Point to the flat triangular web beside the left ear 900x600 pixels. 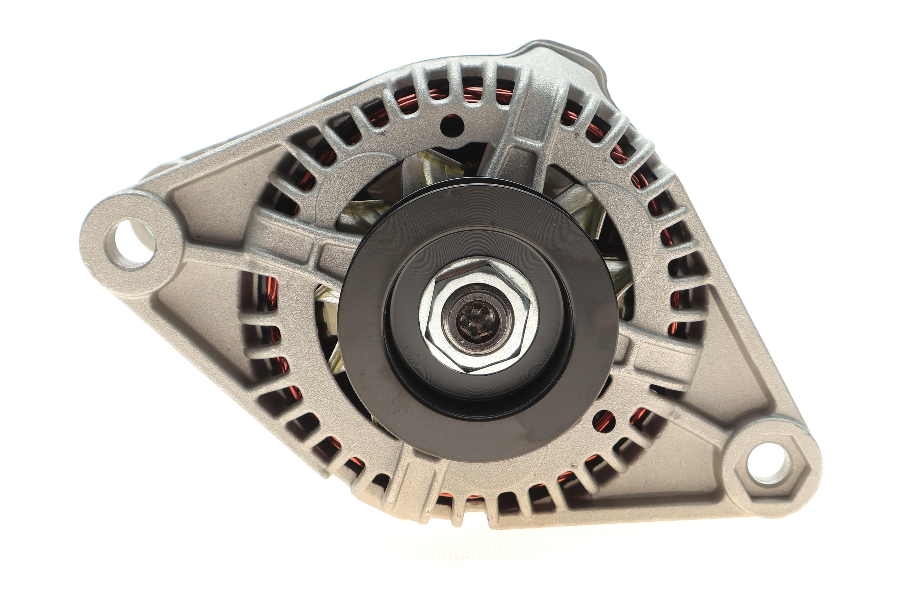click(x=207, y=214)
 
